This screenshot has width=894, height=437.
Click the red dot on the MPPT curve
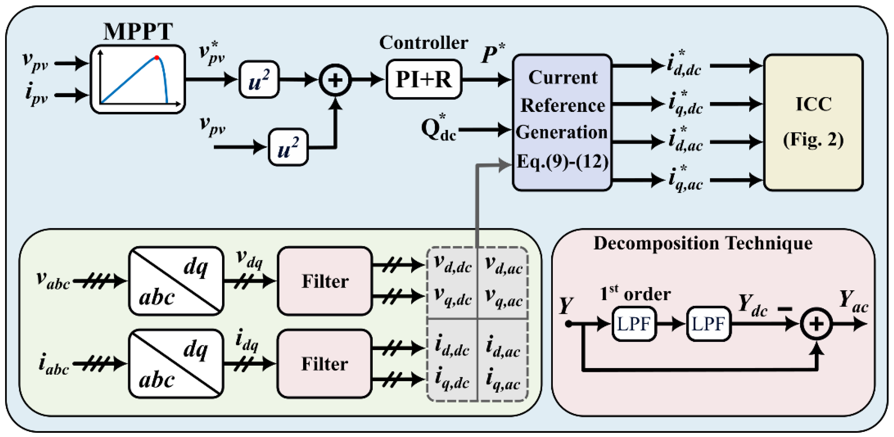[157, 58]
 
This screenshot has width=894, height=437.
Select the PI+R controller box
[424, 79]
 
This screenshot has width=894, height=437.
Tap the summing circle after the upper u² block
[335, 80]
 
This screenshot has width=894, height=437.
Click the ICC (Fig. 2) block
[813, 122]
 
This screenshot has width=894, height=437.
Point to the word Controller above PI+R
[423, 43]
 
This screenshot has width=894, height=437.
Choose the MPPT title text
[138, 31]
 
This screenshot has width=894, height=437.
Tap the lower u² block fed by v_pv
[288, 147]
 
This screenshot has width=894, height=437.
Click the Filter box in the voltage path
[325, 281]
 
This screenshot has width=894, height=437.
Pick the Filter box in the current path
[324, 364]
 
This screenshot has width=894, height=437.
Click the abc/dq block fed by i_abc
[176, 364]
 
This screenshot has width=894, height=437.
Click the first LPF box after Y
[634, 324]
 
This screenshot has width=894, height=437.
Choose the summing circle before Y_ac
[816, 324]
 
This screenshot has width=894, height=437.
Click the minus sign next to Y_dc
[785, 309]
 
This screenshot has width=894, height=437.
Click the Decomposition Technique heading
[703, 244]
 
